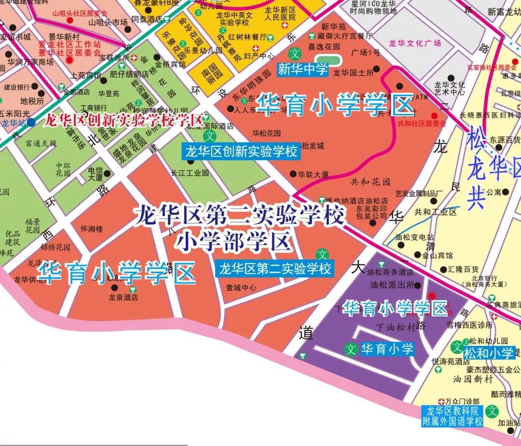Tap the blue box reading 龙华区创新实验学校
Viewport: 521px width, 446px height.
click(x=241, y=152)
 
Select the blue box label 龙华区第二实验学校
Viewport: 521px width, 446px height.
click(x=275, y=268)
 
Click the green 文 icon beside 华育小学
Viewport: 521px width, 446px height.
click(x=351, y=348)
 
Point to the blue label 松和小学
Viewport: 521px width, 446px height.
click(x=489, y=353)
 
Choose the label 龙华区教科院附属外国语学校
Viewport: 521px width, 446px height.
click(x=452, y=416)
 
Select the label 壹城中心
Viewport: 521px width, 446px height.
click(x=241, y=288)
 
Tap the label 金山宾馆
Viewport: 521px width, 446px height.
click(x=438, y=255)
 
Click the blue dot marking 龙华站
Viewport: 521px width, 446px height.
click(x=31, y=122)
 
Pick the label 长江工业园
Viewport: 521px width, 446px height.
click(x=190, y=172)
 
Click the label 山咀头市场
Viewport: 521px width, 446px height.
click(x=108, y=22)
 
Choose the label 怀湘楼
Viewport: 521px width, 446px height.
click(x=92, y=229)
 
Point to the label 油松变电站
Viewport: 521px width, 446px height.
click(x=414, y=237)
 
